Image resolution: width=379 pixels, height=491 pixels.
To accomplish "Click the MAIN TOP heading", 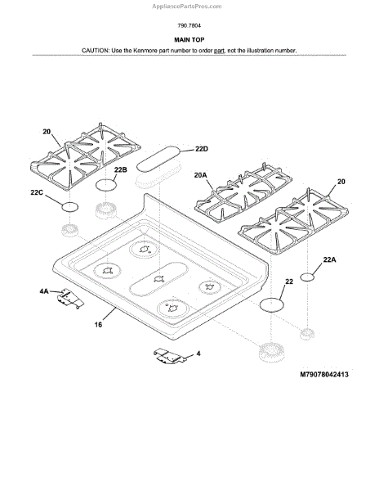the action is pos(189,40).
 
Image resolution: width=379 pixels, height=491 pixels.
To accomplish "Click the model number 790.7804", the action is pos(189,25).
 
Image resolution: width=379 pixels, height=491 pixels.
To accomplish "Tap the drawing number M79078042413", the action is pos(324,375).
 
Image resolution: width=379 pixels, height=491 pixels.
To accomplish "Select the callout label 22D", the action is pos(202,149).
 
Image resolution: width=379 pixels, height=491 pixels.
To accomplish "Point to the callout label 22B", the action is pos(121,170).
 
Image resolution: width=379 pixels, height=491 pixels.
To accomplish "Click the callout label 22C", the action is pos(37,192).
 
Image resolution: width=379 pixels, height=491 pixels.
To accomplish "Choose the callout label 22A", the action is pos(330,259).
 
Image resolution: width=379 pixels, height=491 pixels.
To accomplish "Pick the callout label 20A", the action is pos(201,175).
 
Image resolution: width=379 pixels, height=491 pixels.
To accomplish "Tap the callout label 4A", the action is pos(44,291).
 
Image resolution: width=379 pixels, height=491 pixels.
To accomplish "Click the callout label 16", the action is pos(98,325).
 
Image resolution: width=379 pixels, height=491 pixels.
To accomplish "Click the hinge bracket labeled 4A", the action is pos(71,299).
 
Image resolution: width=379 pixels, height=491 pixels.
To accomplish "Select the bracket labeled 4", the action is pos(170,356).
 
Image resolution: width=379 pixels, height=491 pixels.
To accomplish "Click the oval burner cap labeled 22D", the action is pos(159,159).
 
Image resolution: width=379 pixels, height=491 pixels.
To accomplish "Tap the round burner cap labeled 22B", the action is pos(106,185).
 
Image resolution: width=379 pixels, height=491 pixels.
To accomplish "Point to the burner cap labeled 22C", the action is pos(69,207).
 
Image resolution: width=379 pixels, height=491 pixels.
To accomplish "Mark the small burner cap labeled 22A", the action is pos(307,277).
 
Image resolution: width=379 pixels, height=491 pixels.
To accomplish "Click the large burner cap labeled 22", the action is pos(272,304).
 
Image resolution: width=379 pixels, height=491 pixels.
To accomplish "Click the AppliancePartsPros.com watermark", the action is pos(187,7).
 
